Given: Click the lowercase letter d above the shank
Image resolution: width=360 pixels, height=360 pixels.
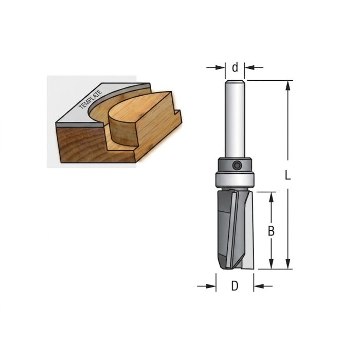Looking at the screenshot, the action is tap(235, 68).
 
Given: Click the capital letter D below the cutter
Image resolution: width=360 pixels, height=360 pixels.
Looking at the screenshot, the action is tap(235, 286).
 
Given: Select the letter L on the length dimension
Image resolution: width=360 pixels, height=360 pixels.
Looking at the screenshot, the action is tap(287, 175).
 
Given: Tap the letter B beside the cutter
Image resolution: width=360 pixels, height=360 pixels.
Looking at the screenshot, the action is tap(271, 231).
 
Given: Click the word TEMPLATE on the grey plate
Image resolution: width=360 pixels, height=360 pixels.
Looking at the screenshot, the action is tap(90, 100).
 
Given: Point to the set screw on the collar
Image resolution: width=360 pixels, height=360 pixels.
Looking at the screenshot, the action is tap(237, 165).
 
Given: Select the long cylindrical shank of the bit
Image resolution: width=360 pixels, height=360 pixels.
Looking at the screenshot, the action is tap(235, 119).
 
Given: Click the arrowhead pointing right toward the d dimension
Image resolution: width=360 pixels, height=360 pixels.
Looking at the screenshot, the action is tap(221, 67).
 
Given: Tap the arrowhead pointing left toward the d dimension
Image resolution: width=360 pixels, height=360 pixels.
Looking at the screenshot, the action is tap(249, 67).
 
